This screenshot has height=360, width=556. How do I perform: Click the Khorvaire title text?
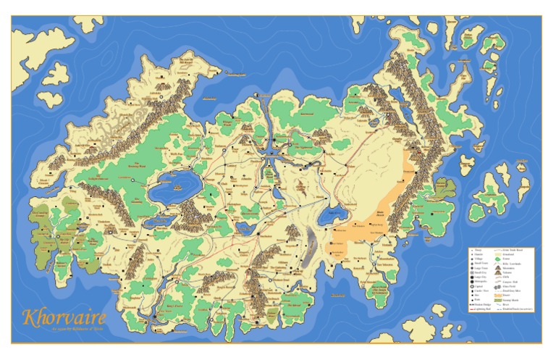[65, 317]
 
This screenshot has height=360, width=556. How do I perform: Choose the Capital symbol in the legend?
[477, 285]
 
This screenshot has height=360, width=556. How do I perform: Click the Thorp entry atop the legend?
[477, 250]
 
